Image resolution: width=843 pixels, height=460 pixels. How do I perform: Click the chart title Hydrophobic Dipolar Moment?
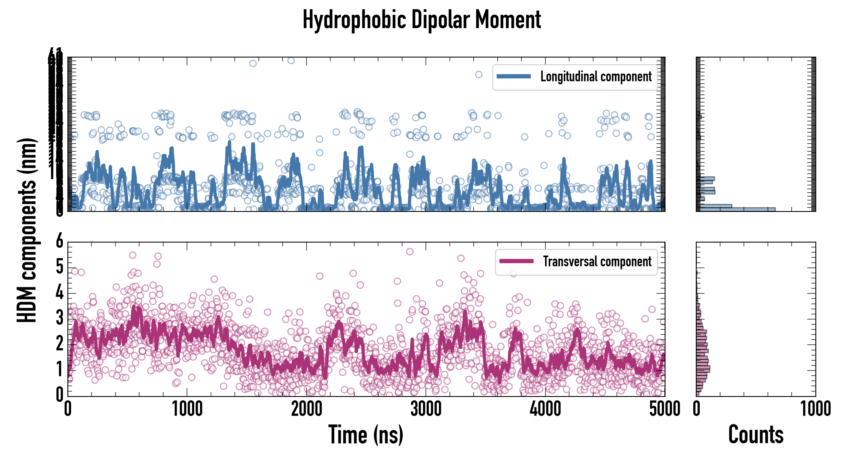tap(421, 20)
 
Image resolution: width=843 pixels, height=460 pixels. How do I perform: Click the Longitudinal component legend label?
tap(596, 77)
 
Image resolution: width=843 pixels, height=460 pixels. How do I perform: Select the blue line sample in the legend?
tap(513, 77)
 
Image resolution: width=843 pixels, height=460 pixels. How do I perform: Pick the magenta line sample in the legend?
tap(516, 261)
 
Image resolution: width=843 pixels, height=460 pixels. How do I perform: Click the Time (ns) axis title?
tap(366, 435)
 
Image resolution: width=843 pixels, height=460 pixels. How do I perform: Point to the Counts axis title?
tap(756, 435)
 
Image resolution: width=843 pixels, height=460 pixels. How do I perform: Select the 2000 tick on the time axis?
tap(307, 409)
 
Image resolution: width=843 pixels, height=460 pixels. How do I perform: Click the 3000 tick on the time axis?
tap(426, 409)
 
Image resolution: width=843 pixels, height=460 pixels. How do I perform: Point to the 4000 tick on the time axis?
tap(545, 409)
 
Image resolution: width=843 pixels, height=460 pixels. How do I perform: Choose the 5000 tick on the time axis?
tap(665, 409)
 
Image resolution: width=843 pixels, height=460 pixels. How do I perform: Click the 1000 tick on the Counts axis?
tap(815, 409)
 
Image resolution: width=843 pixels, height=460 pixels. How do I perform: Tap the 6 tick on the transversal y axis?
tap(60, 242)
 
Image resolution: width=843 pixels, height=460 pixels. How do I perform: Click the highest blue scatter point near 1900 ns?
tap(291, 61)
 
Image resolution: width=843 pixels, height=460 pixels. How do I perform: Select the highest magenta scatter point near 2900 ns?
tap(410, 251)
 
